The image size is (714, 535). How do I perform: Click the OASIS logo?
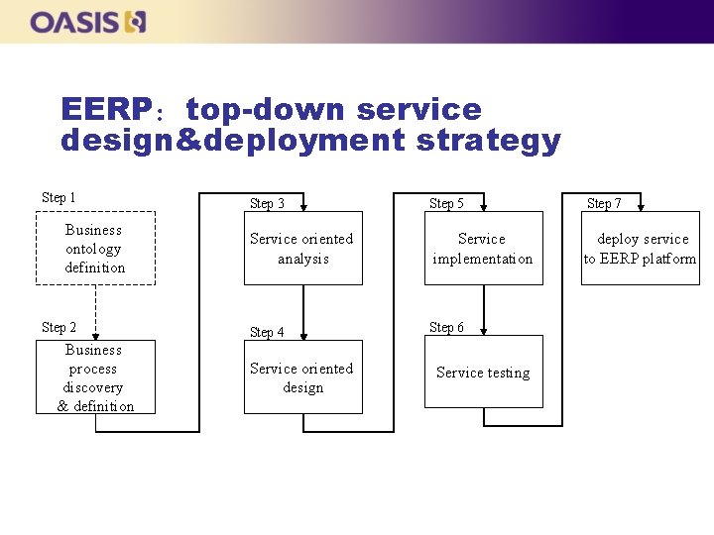87,21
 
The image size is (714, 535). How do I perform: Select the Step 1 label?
59,198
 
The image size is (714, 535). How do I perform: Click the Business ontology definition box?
95,248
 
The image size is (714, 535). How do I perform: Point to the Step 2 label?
59,327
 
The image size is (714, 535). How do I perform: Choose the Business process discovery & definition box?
95,377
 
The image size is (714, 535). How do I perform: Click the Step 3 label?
267,203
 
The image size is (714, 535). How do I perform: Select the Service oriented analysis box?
302,248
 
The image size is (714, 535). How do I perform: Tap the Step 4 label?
267,332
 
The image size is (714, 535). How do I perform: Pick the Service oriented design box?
302,377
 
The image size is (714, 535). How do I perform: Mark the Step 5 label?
446,203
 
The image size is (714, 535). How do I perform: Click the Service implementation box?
483,248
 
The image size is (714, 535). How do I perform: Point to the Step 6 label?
446,327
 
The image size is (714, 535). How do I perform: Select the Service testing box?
483,372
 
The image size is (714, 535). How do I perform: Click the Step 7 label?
604,203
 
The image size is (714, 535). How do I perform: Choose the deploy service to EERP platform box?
640,248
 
